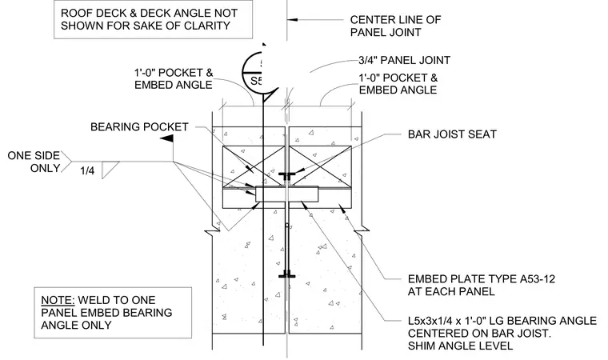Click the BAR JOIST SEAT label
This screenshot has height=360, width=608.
tap(452, 134)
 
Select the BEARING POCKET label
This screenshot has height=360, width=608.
tap(139, 127)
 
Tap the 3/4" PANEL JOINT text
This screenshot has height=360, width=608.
tap(405, 60)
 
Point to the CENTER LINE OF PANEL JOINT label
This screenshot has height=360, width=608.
tap(395, 26)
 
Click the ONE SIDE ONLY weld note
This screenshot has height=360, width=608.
tap(34, 162)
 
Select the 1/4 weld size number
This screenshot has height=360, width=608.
tap(87, 170)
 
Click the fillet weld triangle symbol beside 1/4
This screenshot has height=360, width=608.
tap(110, 170)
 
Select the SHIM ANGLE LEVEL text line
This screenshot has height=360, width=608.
tap(460, 346)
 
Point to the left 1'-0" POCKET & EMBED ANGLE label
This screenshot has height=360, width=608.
tap(174, 78)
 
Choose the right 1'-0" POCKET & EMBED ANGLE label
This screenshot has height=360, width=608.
tap(398, 84)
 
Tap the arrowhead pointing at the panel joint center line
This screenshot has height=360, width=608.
tap(292, 19)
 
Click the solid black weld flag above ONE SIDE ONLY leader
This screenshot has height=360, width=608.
tap(167, 138)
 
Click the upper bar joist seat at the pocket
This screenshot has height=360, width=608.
tap(287, 175)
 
